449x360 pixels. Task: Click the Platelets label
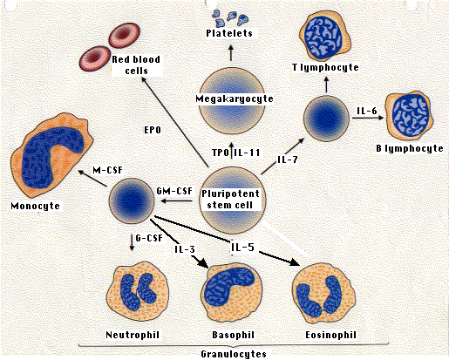[229, 33]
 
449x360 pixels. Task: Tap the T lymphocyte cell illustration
[324, 36]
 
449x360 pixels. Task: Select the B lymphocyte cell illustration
[409, 116]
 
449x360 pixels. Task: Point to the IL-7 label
[288, 160]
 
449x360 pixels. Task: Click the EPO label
[153, 130]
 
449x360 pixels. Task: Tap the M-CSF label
[108, 170]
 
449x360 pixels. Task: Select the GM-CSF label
[174, 191]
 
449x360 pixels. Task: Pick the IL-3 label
[185, 249]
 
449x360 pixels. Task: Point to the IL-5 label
[243, 247]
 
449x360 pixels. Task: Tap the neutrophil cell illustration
[137, 293]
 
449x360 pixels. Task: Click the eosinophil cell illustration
[323, 294]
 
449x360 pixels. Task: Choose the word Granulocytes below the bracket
[234, 354]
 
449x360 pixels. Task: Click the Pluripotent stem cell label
[230, 200]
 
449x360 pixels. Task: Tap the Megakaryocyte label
[235, 98]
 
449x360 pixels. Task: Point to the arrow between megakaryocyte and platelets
[231, 52]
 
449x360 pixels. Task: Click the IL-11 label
[248, 153]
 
